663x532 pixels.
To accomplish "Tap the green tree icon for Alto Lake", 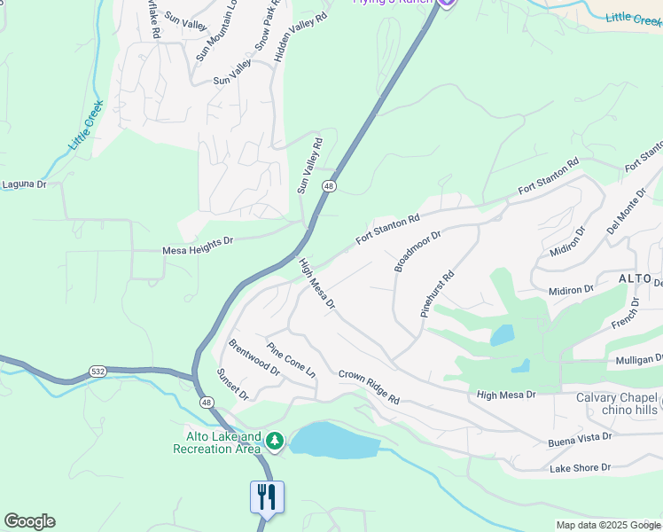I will (x=275, y=440).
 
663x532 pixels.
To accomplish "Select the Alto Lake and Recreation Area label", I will (x=224, y=442).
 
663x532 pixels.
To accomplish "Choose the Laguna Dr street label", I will (x=22, y=184).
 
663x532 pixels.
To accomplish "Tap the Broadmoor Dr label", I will (x=417, y=251).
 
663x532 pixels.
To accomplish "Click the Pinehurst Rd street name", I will (x=437, y=294).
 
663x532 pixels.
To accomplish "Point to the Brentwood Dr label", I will (x=253, y=356).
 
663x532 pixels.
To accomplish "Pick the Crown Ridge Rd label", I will (x=369, y=387).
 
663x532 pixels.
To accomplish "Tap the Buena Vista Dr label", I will (x=581, y=437).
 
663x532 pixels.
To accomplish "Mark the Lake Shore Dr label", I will (x=580, y=467).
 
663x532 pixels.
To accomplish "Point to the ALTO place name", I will (x=636, y=278).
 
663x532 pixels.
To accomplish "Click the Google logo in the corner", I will (x=29, y=521).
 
